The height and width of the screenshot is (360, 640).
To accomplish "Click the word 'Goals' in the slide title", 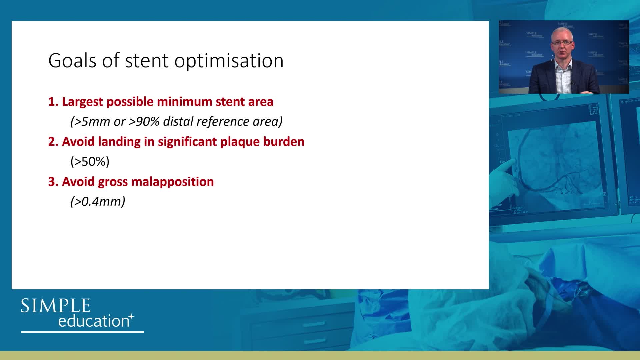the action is (x=72, y=60).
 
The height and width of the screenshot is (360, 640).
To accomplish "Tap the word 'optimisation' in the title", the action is (x=229, y=62).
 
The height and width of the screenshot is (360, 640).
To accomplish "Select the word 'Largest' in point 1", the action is (x=83, y=102).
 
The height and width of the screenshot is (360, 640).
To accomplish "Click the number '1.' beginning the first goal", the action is (x=53, y=102).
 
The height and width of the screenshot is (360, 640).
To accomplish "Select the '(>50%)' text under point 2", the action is (x=90, y=162).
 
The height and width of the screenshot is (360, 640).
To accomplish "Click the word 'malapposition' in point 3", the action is (x=172, y=182).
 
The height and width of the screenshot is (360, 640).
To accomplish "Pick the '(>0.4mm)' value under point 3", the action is (x=98, y=202).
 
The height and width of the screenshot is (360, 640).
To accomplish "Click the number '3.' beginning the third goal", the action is (x=53, y=182).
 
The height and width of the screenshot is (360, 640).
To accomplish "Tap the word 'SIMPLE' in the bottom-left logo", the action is (x=56, y=306).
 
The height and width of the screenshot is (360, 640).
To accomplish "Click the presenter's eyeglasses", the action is (x=562, y=43).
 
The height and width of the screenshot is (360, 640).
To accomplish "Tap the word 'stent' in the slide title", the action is (x=146, y=61).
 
